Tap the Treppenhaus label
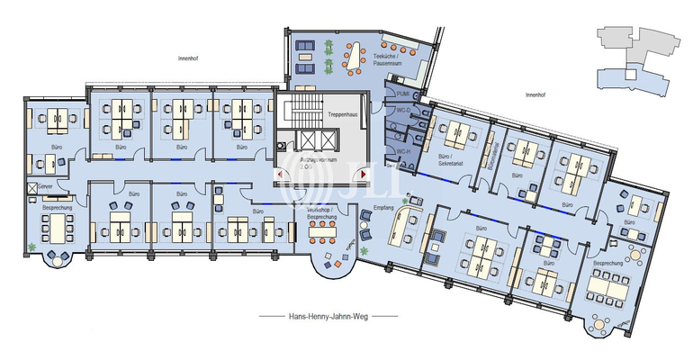click(x=344, y=115)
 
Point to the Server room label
click(x=45, y=185)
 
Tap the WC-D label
click(x=402, y=112)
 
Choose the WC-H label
click(x=402, y=152)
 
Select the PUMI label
click(x=402, y=93)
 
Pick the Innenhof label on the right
click(x=536, y=93)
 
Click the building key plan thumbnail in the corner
click(x=635, y=61)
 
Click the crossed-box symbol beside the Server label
click(x=33, y=186)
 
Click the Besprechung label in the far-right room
click(x=608, y=264)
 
